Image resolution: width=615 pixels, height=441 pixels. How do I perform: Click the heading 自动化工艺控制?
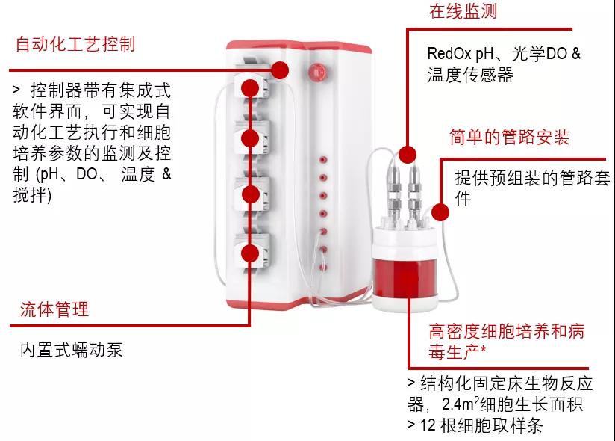pos(75,43)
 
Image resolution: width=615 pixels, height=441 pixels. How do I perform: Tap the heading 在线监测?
pos(463,12)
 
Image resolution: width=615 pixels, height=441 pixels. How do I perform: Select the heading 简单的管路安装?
pos(510,138)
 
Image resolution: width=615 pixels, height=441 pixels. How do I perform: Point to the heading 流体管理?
pos(54,309)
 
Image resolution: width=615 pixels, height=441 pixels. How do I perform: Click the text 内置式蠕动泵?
pos(72,349)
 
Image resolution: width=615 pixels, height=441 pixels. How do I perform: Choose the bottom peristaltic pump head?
pos(250,250)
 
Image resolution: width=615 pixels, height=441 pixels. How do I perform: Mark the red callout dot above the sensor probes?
pos(407,155)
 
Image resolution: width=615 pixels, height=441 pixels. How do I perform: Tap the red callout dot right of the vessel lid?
pos(440,212)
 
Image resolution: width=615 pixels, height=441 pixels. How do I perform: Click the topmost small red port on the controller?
pos(323,160)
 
